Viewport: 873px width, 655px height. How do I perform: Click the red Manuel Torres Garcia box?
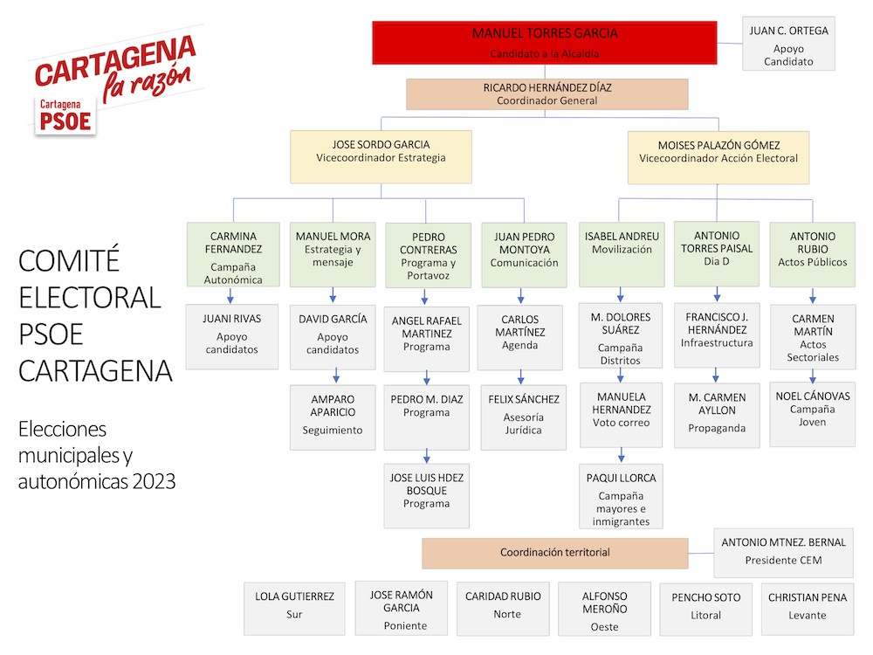(545, 43)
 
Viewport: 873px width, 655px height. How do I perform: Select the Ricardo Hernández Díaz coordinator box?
(546, 94)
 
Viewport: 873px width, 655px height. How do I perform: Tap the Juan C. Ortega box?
(788, 44)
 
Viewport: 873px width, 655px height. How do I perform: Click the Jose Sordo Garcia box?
(381, 157)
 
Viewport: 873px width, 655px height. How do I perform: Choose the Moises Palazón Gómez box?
(718, 157)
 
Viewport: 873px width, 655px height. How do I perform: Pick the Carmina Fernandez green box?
(233, 254)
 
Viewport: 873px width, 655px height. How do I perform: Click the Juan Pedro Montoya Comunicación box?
(524, 255)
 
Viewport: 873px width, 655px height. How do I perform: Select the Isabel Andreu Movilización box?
(622, 254)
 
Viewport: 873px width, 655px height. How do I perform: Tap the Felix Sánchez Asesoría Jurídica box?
(523, 417)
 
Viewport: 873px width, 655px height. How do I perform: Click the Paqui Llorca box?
(621, 496)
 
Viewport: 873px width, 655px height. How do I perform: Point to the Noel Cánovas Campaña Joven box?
(812, 414)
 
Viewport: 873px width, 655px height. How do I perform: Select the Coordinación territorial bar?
(555, 553)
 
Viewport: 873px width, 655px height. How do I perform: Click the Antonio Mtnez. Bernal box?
(783, 553)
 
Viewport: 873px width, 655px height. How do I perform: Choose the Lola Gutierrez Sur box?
(294, 609)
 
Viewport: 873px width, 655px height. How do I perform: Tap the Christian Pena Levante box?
(808, 609)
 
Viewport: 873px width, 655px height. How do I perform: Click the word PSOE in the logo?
(65, 121)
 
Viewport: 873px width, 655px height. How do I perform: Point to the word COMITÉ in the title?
(69, 260)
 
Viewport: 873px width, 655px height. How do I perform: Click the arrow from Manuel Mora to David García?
(333, 295)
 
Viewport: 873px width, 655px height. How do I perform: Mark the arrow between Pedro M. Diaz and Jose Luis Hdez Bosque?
(427, 456)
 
